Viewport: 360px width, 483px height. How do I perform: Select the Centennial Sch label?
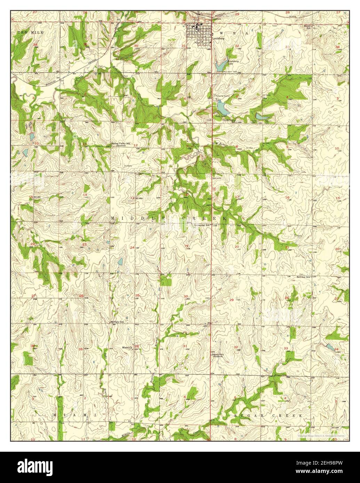(x=202, y=225)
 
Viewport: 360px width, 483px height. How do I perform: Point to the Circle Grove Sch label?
(x=230, y=120)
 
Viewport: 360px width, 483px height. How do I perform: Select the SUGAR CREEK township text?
(x=269, y=416)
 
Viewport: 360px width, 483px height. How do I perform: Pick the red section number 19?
(x=186, y=246)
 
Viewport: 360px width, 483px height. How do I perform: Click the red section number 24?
(x=132, y=247)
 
